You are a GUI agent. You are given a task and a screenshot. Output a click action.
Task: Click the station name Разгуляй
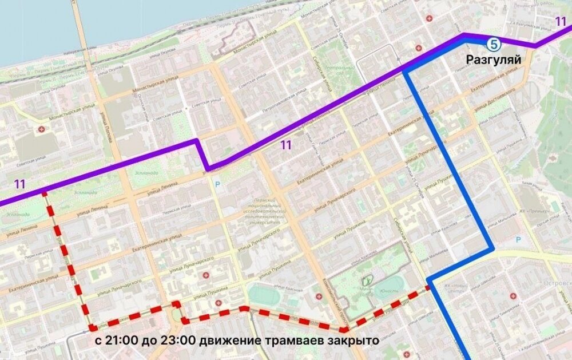(492, 58)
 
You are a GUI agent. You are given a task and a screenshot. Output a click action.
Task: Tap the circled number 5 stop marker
(492, 43)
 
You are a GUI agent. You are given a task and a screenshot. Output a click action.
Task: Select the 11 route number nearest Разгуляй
(560, 22)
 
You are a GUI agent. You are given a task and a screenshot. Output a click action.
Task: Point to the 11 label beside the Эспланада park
(20, 184)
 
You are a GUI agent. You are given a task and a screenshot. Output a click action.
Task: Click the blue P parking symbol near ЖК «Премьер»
(518, 240)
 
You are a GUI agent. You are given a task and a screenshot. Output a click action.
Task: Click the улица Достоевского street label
(495, 96)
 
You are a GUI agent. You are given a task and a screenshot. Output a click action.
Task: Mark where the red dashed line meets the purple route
(44, 193)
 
